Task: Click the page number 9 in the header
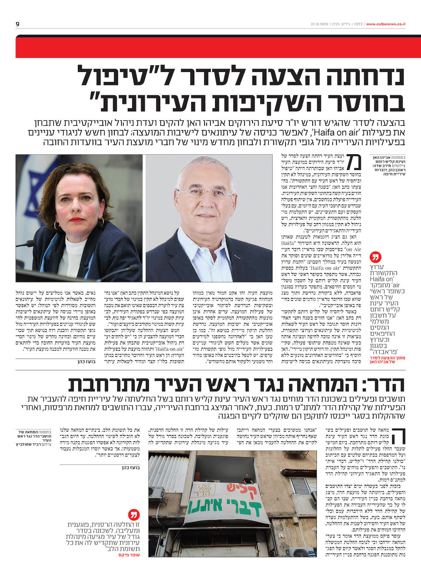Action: click(x=18, y=24)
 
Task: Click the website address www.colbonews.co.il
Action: click(x=386, y=24)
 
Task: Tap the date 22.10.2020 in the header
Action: click(x=319, y=24)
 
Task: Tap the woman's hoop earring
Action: click(x=101, y=222)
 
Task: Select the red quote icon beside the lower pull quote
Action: click(x=134, y=515)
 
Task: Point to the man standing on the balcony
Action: click(x=248, y=478)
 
